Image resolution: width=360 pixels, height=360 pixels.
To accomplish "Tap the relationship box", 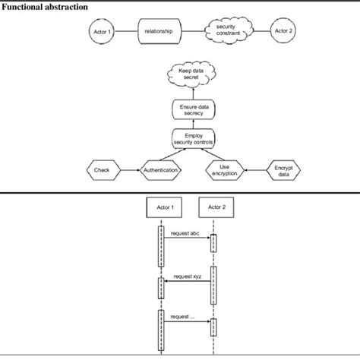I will (159, 32).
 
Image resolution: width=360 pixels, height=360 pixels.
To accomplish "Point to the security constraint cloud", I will (232, 31).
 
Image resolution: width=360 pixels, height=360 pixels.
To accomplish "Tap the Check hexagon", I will (101, 170).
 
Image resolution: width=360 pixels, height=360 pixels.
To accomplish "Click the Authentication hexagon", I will (161, 170).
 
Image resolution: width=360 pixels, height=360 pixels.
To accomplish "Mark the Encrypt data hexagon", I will (283, 169).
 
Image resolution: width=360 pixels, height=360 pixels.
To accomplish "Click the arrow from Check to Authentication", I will (128, 170).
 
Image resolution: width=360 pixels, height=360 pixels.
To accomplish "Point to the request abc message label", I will (185, 233).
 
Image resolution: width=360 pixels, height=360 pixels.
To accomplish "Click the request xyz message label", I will (187, 276).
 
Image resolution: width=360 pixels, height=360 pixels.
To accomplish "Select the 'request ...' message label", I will (183, 316).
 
